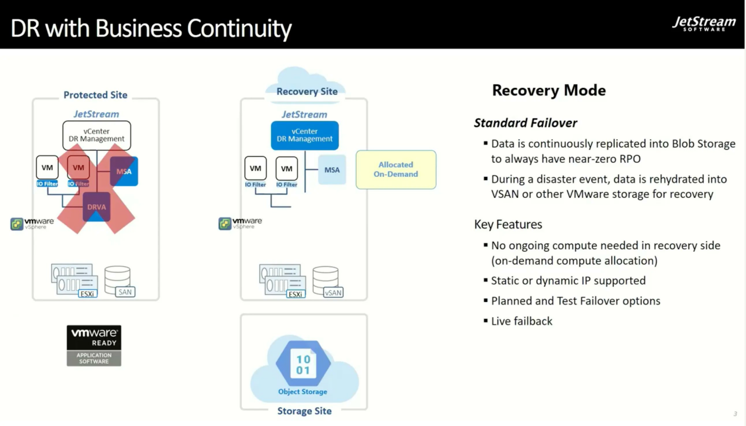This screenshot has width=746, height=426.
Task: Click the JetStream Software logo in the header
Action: pos(704,24)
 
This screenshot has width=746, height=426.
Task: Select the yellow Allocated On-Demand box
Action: pos(396,170)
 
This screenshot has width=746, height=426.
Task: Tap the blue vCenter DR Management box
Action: pos(305,135)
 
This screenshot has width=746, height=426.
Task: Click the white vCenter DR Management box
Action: pos(97,135)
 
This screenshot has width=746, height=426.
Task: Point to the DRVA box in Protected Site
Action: pos(97,207)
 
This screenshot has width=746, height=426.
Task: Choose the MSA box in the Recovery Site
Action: pos(332,170)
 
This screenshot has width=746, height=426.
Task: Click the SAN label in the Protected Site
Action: pos(125,292)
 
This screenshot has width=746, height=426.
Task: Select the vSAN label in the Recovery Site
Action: pos(333,293)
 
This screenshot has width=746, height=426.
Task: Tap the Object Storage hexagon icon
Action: pos(303,364)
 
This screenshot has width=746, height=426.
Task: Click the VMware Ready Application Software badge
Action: pos(94,345)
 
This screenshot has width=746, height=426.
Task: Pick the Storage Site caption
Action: pos(305,411)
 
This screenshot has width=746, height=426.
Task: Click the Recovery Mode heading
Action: pos(549,90)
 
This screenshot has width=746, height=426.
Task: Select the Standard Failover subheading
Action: pos(525,123)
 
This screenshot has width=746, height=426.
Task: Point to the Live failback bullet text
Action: pos(522,321)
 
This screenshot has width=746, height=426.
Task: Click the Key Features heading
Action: pos(508,224)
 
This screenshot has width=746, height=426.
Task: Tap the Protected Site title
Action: pos(95,95)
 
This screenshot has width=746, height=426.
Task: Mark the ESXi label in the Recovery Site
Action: pos(295,294)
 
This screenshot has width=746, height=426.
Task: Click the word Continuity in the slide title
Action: pos(239,28)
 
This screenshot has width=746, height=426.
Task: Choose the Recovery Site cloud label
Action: pos(307,92)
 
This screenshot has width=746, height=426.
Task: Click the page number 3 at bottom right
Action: pos(735,414)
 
